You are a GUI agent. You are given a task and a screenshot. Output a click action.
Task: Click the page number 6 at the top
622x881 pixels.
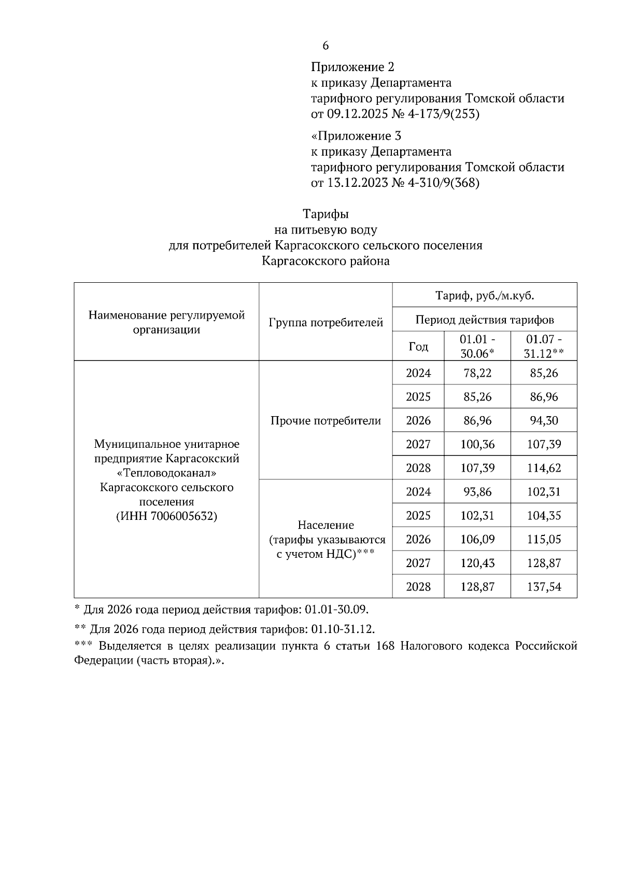click(326, 46)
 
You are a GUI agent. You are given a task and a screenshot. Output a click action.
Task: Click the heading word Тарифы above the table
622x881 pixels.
click(326, 214)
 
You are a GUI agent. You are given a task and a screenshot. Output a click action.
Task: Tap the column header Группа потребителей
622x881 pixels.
click(326, 323)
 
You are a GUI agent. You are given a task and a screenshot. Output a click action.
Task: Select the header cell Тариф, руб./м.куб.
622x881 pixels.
click(485, 296)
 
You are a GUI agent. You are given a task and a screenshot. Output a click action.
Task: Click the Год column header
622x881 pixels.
click(418, 347)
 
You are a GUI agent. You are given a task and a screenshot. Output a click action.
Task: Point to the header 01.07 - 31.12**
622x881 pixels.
click(544, 347)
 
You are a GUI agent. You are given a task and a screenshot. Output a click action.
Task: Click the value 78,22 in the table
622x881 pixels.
click(477, 373)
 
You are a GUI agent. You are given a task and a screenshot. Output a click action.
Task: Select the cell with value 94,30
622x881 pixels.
click(544, 420)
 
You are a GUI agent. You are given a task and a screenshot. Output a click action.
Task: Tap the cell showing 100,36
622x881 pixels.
click(477, 444)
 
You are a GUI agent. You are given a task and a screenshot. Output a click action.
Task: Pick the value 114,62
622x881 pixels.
click(544, 468)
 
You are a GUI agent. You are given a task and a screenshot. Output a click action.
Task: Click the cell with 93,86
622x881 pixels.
click(477, 491)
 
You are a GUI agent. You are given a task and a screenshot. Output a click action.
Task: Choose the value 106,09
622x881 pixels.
click(477, 539)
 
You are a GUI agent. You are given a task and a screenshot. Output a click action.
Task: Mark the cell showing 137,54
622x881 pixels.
click(544, 587)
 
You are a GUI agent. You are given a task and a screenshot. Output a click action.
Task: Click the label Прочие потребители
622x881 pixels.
click(326, 421)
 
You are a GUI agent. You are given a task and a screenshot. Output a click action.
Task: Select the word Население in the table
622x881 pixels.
click(326, 525)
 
